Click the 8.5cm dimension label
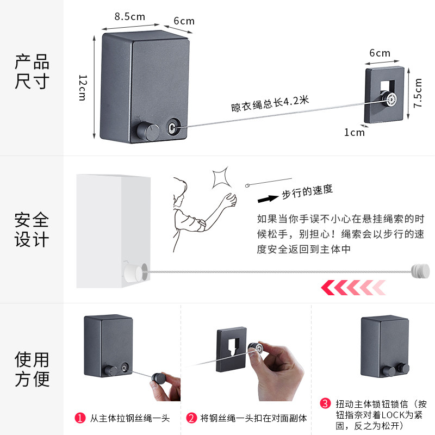pyautogui.click(x=130, y=16)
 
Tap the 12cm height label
pyautogui.click(x=83, y=88)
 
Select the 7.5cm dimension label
pyautogui.click(x=418, y=94)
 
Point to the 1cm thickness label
pyautogui.click(x=354, y=132)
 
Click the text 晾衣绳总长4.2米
pyautogui.click(x=270, y=103)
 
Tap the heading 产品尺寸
pyautogui.click(x=32, y=72)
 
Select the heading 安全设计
pyautogui.click(x=32, y=229)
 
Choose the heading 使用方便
pyautogui.click(x=32, y=369)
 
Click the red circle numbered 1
pyautogui.click(x=79, y=418)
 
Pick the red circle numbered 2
pyautogui.click(x=191, y=418)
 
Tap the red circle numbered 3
pyautogui.click(x=325, y=403)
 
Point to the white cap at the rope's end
pyautogui.click(x=419, y=270)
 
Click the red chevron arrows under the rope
pyautogui.click(x=353, y=287)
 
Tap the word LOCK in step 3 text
pyautogui.click(x=382, y=414)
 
